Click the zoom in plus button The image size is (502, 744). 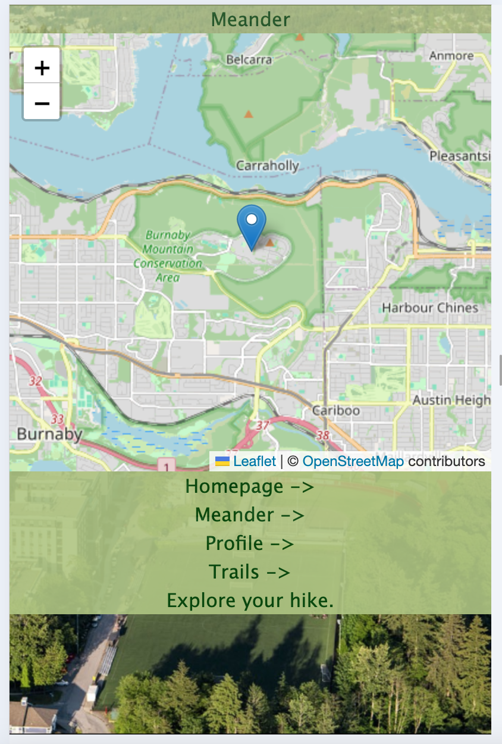[42, 67]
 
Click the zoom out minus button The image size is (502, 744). [42, 102]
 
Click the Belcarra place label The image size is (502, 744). [249, 60]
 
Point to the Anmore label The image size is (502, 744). [451, 56]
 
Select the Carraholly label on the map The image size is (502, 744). [268, 165]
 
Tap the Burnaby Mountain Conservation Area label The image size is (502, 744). [168, 256]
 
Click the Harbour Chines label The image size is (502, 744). [430, 308]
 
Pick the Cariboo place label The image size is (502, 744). [336, 411]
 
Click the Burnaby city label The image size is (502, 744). [49, 434]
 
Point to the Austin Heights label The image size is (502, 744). [451, 400]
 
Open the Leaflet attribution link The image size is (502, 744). [254, 461]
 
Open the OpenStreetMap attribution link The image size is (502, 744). [353, 461]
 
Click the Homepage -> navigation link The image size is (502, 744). [250, 486]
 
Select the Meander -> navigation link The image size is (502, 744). [250, 514]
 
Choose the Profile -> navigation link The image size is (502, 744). [250, 543]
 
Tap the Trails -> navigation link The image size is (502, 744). [250, 571]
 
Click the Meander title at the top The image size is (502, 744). [250, 20]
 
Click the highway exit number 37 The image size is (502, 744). [263, 426]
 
